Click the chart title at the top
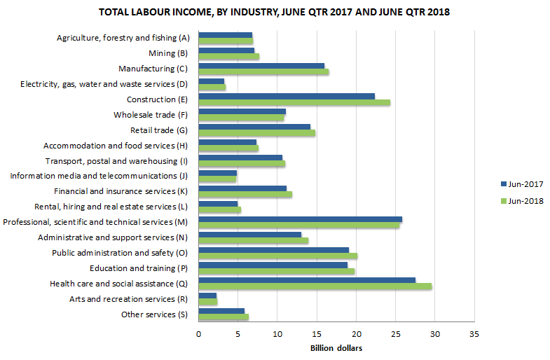[275, 13]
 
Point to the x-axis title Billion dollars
[336, 348]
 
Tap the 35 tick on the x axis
[474, 333]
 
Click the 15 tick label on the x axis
[317, 333]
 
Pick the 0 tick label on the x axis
[199, 333]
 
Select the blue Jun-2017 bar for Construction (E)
[287, 96]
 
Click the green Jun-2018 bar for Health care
[315, 286]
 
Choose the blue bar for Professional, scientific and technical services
[300, 219]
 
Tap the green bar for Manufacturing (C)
[263, 71]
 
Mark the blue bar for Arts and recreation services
[207, 296]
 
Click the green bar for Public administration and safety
[277, 256]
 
